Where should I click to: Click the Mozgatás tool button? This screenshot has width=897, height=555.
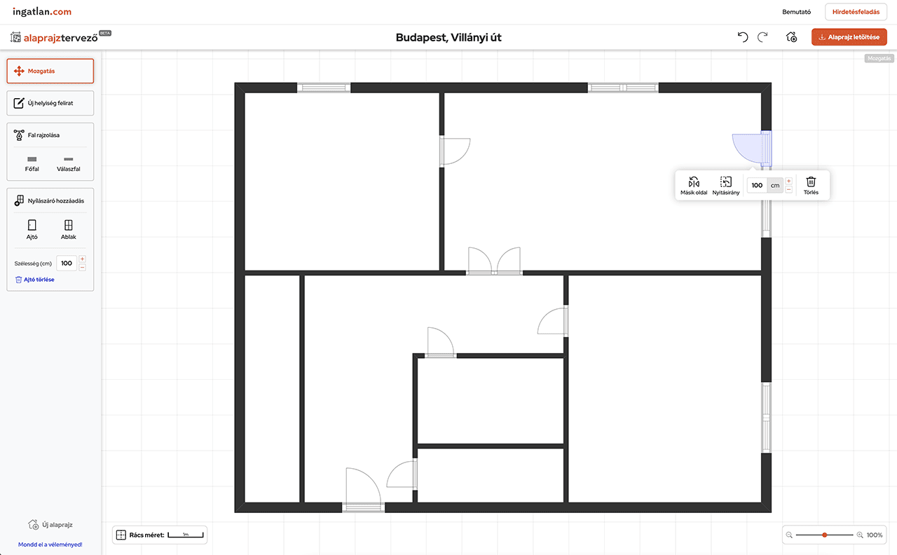point(50,71)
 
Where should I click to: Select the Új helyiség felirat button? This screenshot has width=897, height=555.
point(50,103)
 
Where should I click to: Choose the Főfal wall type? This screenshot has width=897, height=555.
point(32,164)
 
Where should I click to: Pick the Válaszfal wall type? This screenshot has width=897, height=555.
point(69,164)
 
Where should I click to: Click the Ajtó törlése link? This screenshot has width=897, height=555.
point(35,280)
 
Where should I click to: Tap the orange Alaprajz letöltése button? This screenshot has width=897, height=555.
point(849,37)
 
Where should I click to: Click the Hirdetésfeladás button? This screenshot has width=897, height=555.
point(856,12)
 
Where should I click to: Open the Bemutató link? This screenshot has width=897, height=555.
point(797,12)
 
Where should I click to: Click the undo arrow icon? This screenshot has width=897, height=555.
point(743,37)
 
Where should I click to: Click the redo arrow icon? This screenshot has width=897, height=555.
point(763,37)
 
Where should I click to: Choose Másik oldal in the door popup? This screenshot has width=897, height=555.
point(694,186)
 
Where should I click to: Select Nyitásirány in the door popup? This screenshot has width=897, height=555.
point(725,186)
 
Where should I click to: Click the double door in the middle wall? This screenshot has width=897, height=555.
point(494,261)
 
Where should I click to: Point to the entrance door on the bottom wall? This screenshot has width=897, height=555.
point(363,489)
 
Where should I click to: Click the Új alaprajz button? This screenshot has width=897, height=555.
point(50,525)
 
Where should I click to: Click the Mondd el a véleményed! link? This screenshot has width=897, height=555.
point(50,544)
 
